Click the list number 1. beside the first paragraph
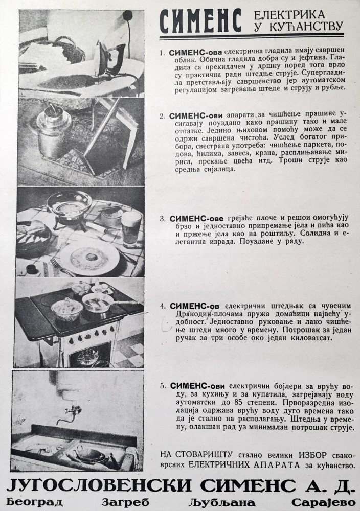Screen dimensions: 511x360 point(163,53)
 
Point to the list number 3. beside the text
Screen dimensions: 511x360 point(163,219)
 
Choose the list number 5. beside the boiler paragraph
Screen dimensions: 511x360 point(163,385)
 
